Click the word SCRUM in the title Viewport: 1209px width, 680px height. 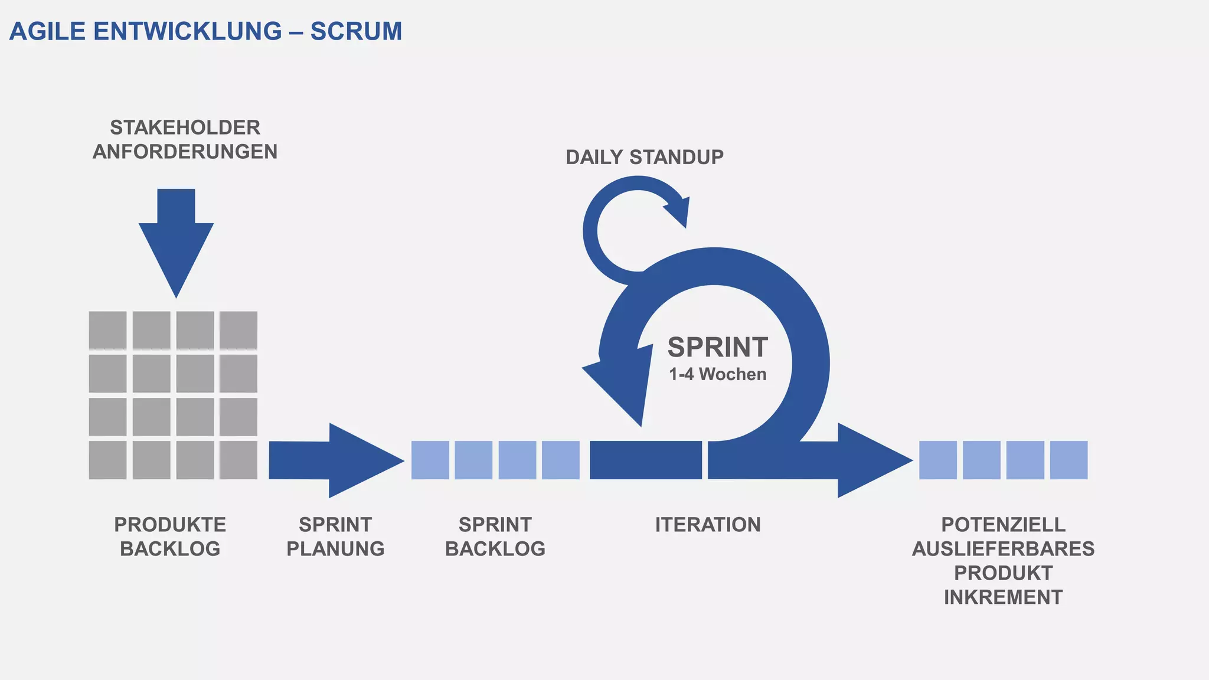[356, 31]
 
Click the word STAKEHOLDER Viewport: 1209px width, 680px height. [185, 127]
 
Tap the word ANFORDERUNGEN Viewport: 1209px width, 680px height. [185, 152]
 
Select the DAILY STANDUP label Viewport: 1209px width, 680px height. [644, 157]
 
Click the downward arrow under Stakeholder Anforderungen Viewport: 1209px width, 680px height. [176, 242]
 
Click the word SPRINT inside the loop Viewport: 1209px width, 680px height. [717, 347]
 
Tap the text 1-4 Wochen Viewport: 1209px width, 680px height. [717, 374]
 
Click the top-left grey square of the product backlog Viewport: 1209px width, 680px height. [107, 330]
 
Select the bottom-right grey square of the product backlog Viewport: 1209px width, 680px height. [238, 460]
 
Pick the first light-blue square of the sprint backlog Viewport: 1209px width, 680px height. [430, 460]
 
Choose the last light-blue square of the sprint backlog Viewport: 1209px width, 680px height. [561, 460]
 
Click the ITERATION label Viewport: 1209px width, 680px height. [707, 525]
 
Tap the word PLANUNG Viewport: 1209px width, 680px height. [335, 549]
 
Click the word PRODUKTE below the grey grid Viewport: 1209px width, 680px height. [170, 525]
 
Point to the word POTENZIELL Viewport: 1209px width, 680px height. [1003, 525]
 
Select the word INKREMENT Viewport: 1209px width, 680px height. [1003, 597]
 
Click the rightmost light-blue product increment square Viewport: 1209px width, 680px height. [1069, 460]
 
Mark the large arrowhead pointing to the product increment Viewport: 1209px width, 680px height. [871, 460]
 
